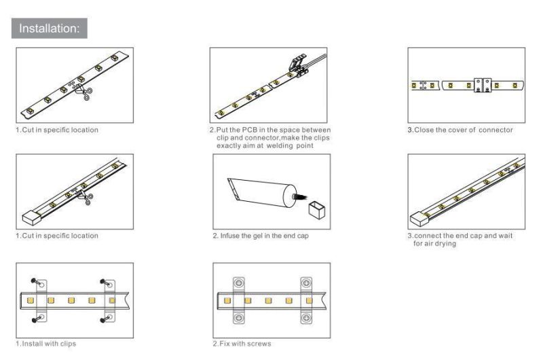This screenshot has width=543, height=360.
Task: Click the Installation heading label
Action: pyautogui.click(x=49, y=29)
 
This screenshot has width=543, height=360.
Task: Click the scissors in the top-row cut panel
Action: pyautogui.click(x=86, y=93)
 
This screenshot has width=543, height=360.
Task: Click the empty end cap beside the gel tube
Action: pyautogui.click(x=317, y=210)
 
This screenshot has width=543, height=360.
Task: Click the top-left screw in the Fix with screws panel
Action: pyautogui.click(x=239, y=283)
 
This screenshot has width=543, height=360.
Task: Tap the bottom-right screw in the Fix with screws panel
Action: pyautogui.click(x=306, y=317)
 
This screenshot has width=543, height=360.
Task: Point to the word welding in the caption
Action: pyautogui.click(x=280, y=145)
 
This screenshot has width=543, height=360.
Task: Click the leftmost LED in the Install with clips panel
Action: pyautogui.click(x=30, y=300)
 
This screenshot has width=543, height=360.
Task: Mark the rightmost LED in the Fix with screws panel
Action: pyautogui.click(x=309, y=300)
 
